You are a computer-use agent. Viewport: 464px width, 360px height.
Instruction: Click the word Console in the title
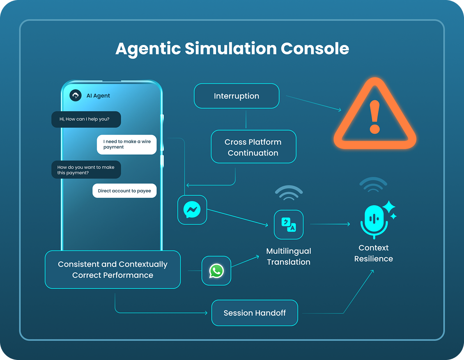(x=315, y=48)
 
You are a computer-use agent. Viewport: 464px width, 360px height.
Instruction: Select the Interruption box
(x=237, y=96)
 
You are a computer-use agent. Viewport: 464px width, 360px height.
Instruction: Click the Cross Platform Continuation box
(x=253, y=147)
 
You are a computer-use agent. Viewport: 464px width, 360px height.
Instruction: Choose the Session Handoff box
(x=255, y=313)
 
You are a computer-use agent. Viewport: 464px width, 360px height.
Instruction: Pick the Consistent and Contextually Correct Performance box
(x=113, y=270)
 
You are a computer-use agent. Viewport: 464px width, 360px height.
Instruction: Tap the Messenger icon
(x=192, y=210)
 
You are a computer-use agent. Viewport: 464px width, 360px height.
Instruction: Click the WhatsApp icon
(x=216, y=271)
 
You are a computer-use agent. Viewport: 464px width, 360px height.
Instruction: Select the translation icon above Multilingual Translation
(x=289, y=225)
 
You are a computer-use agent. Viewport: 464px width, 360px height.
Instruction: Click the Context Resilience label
(x=374, y=253)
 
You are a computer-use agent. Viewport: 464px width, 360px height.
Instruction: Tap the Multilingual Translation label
(x=289, y=257)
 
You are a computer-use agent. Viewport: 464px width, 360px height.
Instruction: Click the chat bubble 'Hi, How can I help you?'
(x=86, y=119)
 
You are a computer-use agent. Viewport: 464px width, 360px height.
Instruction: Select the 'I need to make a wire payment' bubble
(x=127, y=144)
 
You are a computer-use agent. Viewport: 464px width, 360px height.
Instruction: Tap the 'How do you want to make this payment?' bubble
(x=86, y=170)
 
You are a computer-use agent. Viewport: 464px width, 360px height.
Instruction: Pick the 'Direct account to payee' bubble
(x=124, y=191)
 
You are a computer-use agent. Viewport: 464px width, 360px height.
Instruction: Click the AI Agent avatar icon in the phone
(x=75, y=96)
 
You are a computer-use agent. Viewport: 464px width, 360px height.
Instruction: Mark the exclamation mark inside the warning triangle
(x=374, y=116)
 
